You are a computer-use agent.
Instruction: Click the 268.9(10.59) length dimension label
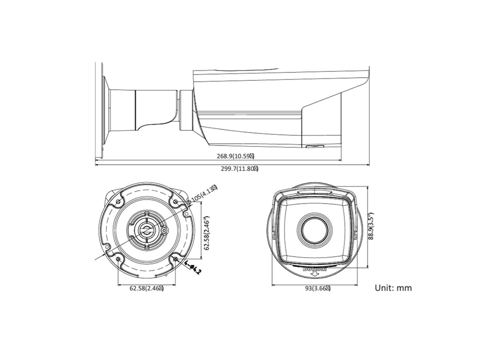tap(236, 156)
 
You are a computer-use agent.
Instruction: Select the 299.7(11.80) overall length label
tap(240, 169)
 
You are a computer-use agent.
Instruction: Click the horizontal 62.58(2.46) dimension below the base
tap(146, 288)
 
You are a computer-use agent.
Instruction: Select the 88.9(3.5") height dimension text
tap(372, 226)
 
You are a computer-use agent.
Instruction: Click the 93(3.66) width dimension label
tap(317, 288)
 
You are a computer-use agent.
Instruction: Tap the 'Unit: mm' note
tap(393, 288)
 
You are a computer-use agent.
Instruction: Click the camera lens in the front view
tap(315, 228)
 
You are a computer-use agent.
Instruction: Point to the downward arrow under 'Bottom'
tap(315, 275)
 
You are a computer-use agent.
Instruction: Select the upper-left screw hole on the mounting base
tap(119, 202)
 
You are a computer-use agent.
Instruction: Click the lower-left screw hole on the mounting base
tap(118, 260)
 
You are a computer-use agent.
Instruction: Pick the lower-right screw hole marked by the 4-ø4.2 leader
tap(176, 260)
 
